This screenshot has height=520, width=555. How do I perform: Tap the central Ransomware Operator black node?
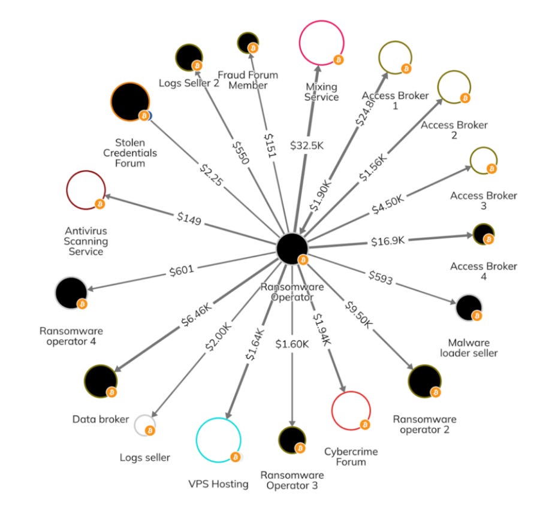pos(292,247)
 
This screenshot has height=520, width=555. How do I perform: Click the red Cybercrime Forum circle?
pos(351,410)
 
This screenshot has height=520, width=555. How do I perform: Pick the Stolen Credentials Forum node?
pos(129,101)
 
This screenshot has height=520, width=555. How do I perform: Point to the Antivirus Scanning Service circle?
pos(85,191)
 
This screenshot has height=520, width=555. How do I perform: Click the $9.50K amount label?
pos(358,315)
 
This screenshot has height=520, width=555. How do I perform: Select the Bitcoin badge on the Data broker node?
pos(111,392)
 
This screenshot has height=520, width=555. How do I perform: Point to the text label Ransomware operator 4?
pos(71,336)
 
